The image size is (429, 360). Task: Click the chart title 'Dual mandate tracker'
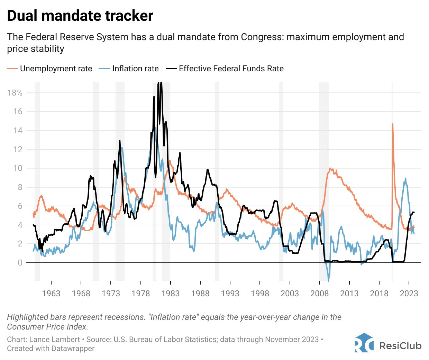pos(80,16)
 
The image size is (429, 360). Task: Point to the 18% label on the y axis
pos(15,93)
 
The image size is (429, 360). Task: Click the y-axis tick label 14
pos(18,130)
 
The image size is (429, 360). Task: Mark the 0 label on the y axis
pos(20,263)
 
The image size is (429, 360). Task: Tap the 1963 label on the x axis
pos(51,294)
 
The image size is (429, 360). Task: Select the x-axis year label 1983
pos(170,294)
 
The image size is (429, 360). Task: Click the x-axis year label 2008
pos(319,294)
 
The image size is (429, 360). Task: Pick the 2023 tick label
pos(409,294)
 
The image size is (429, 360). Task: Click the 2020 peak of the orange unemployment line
pos(392,124)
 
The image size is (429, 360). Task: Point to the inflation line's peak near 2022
pos(405,179)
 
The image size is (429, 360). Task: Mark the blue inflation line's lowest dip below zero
pos(328,281)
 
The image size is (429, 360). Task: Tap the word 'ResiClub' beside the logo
pos(400,345)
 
